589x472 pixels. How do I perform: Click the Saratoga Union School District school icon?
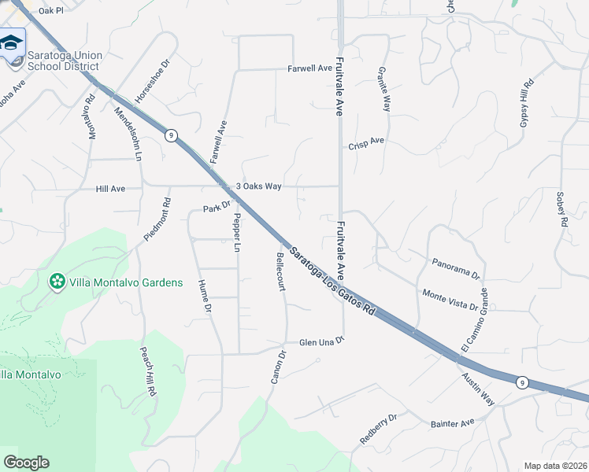[12, 42]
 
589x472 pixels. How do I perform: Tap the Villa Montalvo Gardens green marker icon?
[57, 282]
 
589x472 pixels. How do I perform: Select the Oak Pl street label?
[50, 11]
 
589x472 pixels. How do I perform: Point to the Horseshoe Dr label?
[152, 82]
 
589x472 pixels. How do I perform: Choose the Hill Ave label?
[110, 190]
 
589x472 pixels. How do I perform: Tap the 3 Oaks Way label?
[259, 186]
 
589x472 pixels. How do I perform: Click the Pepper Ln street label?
[236, 234]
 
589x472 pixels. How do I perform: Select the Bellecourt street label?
[279, 271]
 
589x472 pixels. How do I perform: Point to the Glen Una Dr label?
[322, 342]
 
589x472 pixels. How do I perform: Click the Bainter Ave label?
[452, 423]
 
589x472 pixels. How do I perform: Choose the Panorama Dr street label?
[456, 268]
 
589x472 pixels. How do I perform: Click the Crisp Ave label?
[366, 143]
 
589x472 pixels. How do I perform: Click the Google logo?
[26, 463]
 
